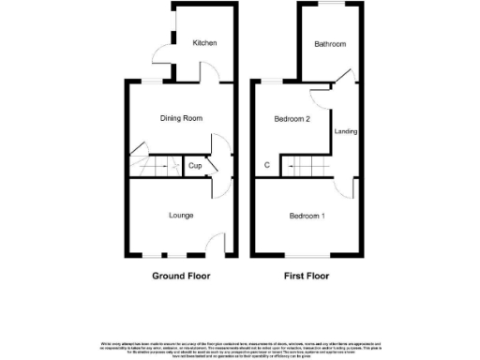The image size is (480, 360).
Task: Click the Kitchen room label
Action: coord(205,43)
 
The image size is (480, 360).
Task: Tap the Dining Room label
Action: coord(181,118)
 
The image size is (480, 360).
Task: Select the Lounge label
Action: coord(181,216)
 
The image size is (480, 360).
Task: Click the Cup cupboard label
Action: coord(195,166)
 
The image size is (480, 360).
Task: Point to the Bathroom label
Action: coord(330,44)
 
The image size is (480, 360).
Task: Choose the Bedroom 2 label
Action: coord(292,119)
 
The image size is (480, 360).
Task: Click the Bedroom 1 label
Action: coord(307,217)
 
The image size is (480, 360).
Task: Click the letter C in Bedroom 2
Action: coord(267,166)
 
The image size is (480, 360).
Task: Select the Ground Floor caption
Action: coord(181,277)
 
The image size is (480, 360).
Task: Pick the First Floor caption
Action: coord(307,277)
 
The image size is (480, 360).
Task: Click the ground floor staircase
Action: coord(156,166)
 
